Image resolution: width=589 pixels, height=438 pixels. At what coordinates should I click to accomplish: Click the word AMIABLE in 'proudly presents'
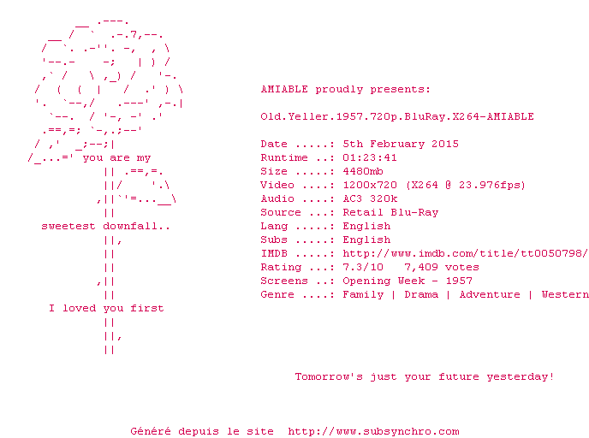point(284,89)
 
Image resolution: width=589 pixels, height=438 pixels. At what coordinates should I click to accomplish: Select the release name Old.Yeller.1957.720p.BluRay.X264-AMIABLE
point(397,116)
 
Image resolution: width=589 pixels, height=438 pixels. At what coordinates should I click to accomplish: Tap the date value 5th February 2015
point(401,144)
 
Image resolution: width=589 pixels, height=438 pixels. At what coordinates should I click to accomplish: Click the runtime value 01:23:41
point(370,157)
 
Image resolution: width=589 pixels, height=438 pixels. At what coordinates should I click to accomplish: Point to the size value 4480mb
point(363,172)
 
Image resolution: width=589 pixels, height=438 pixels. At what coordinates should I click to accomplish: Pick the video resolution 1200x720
point(370,185)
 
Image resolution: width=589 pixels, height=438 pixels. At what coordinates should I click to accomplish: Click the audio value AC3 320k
point(370,199)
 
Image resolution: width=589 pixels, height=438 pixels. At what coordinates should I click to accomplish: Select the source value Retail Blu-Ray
point(390,212)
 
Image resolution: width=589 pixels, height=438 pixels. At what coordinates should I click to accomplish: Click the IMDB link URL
point(465,254)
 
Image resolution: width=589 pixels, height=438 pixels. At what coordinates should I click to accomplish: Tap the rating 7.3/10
point(363,267)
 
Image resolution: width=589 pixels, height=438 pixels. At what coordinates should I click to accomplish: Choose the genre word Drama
point(421,294)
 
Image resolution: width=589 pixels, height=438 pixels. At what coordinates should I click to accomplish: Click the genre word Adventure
point(490,294)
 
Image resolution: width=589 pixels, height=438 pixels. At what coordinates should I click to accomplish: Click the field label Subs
point(274,240)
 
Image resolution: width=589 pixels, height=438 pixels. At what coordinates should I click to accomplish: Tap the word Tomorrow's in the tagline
point(329,376)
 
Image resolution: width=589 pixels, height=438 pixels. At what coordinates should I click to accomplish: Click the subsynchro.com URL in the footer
point(373,432)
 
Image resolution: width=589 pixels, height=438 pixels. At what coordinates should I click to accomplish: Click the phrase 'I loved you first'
point(106,309)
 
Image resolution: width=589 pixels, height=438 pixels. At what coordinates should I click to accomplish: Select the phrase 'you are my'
point(116,158)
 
